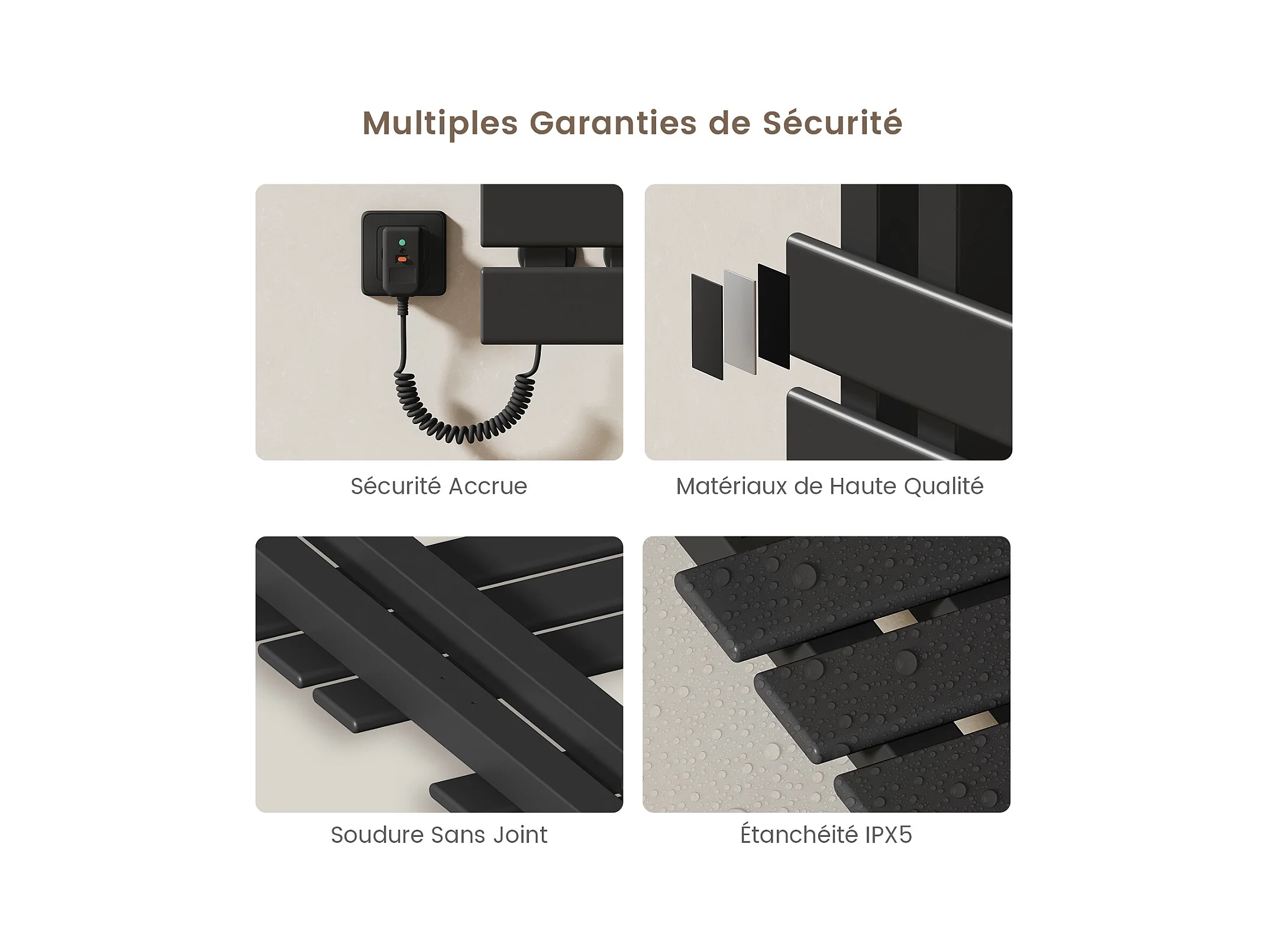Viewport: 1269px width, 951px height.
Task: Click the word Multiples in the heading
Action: point(440,124)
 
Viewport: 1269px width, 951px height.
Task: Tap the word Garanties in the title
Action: point(613,123)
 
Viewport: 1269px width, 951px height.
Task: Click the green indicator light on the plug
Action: point(402,242)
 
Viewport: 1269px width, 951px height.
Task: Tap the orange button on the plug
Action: point(402,259)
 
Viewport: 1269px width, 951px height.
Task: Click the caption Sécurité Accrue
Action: point(438,486)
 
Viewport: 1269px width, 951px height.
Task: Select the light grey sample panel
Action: point(740,322)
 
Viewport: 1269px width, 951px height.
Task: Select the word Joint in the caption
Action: point(520,835)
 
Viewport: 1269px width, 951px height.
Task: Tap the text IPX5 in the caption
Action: point(889,835)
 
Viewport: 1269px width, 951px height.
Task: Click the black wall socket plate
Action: point(403,253)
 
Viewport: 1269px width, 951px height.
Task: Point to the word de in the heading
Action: point(729,123)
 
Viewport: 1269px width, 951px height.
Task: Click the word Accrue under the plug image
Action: point(487,487)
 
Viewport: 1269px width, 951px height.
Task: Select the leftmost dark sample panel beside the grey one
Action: point(707,326)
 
